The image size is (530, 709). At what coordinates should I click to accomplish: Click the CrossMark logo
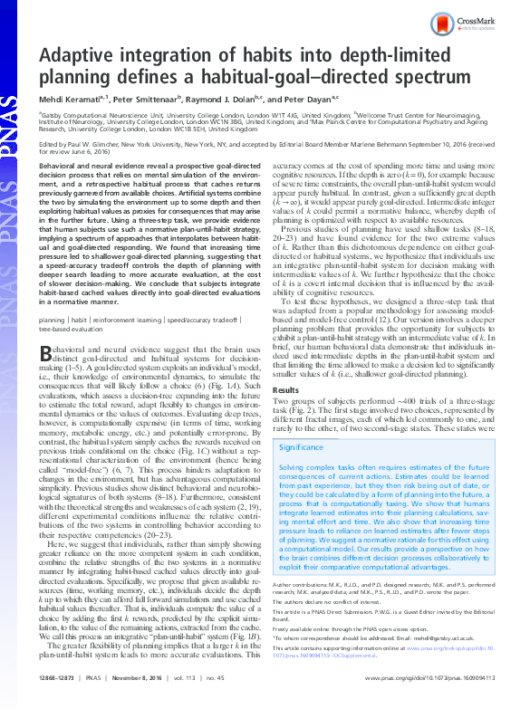point(473,22)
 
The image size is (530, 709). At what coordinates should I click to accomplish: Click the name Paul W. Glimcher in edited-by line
point(99,143)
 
